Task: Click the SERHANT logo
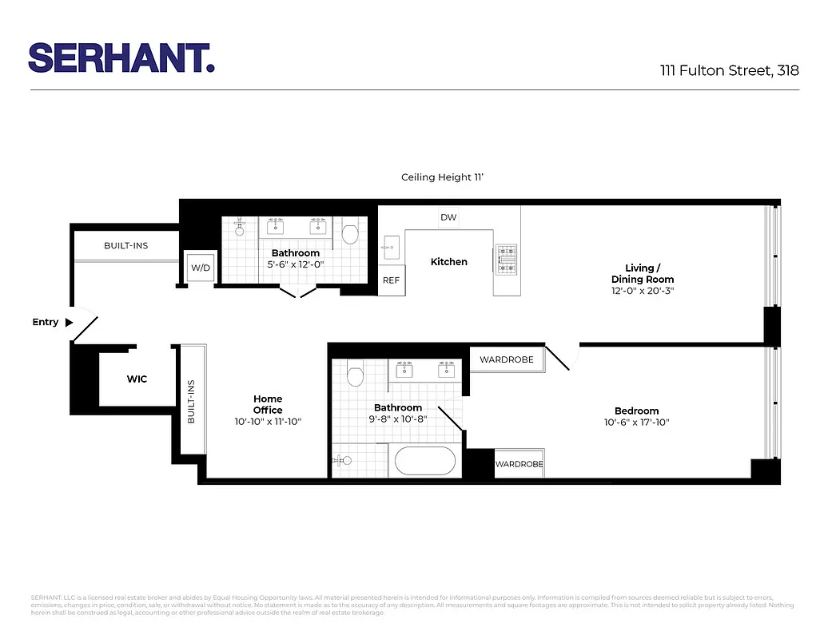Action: pyautogui.click(x=121, y=58)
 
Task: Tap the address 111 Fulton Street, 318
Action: pyautogui.click(x=729, y=70)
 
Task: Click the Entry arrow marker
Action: pyautogui.click(x=69, y=323)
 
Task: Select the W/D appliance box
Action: pyautogui.click(x=200, y=268)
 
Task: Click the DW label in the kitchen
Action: pyautogui.click(x=448, y=217)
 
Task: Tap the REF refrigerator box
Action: pyautogui.click(x=391, y=280)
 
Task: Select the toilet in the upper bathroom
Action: pyautogui.click(x=349, y=232)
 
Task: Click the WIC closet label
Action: pyautogui.click(x=137, y=379)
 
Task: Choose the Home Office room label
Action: pyautogui.click(x=268, y=404)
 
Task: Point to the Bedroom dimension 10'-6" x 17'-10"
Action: pyautogui.click(x=636, y=423)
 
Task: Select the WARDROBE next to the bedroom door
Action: pyautogui.click(x=506, y=359)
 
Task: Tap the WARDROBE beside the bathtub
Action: pyautogui.click(x=519, y=464)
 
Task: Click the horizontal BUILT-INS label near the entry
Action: pyautogui.click(x=125, y=245)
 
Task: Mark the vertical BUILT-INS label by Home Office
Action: pyautogui.click(x=191, y=402)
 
